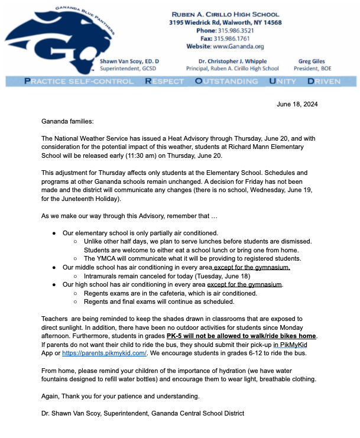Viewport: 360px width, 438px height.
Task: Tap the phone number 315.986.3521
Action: [236, 30]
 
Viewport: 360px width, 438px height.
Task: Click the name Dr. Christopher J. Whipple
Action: [232, 61]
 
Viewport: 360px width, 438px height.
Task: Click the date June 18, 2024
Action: [297, 105]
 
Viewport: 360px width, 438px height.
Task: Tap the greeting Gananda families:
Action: [67, 121]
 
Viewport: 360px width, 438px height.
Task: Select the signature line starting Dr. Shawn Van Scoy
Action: [142, 413]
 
